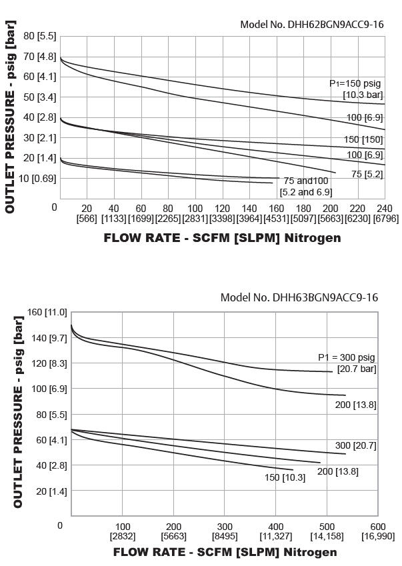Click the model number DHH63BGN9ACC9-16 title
[299, 297]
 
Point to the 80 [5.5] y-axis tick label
[39, 36]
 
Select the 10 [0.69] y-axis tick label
[37, 178]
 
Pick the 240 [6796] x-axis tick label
[385, 213]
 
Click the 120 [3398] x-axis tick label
[222, 213]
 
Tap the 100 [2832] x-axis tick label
[123, 531]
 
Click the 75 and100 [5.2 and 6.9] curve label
[306, 186]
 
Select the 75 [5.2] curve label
[367, 174]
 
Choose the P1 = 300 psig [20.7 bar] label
[347, 363]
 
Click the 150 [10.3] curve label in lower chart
[285, 477]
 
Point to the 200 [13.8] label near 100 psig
[355, 404]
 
